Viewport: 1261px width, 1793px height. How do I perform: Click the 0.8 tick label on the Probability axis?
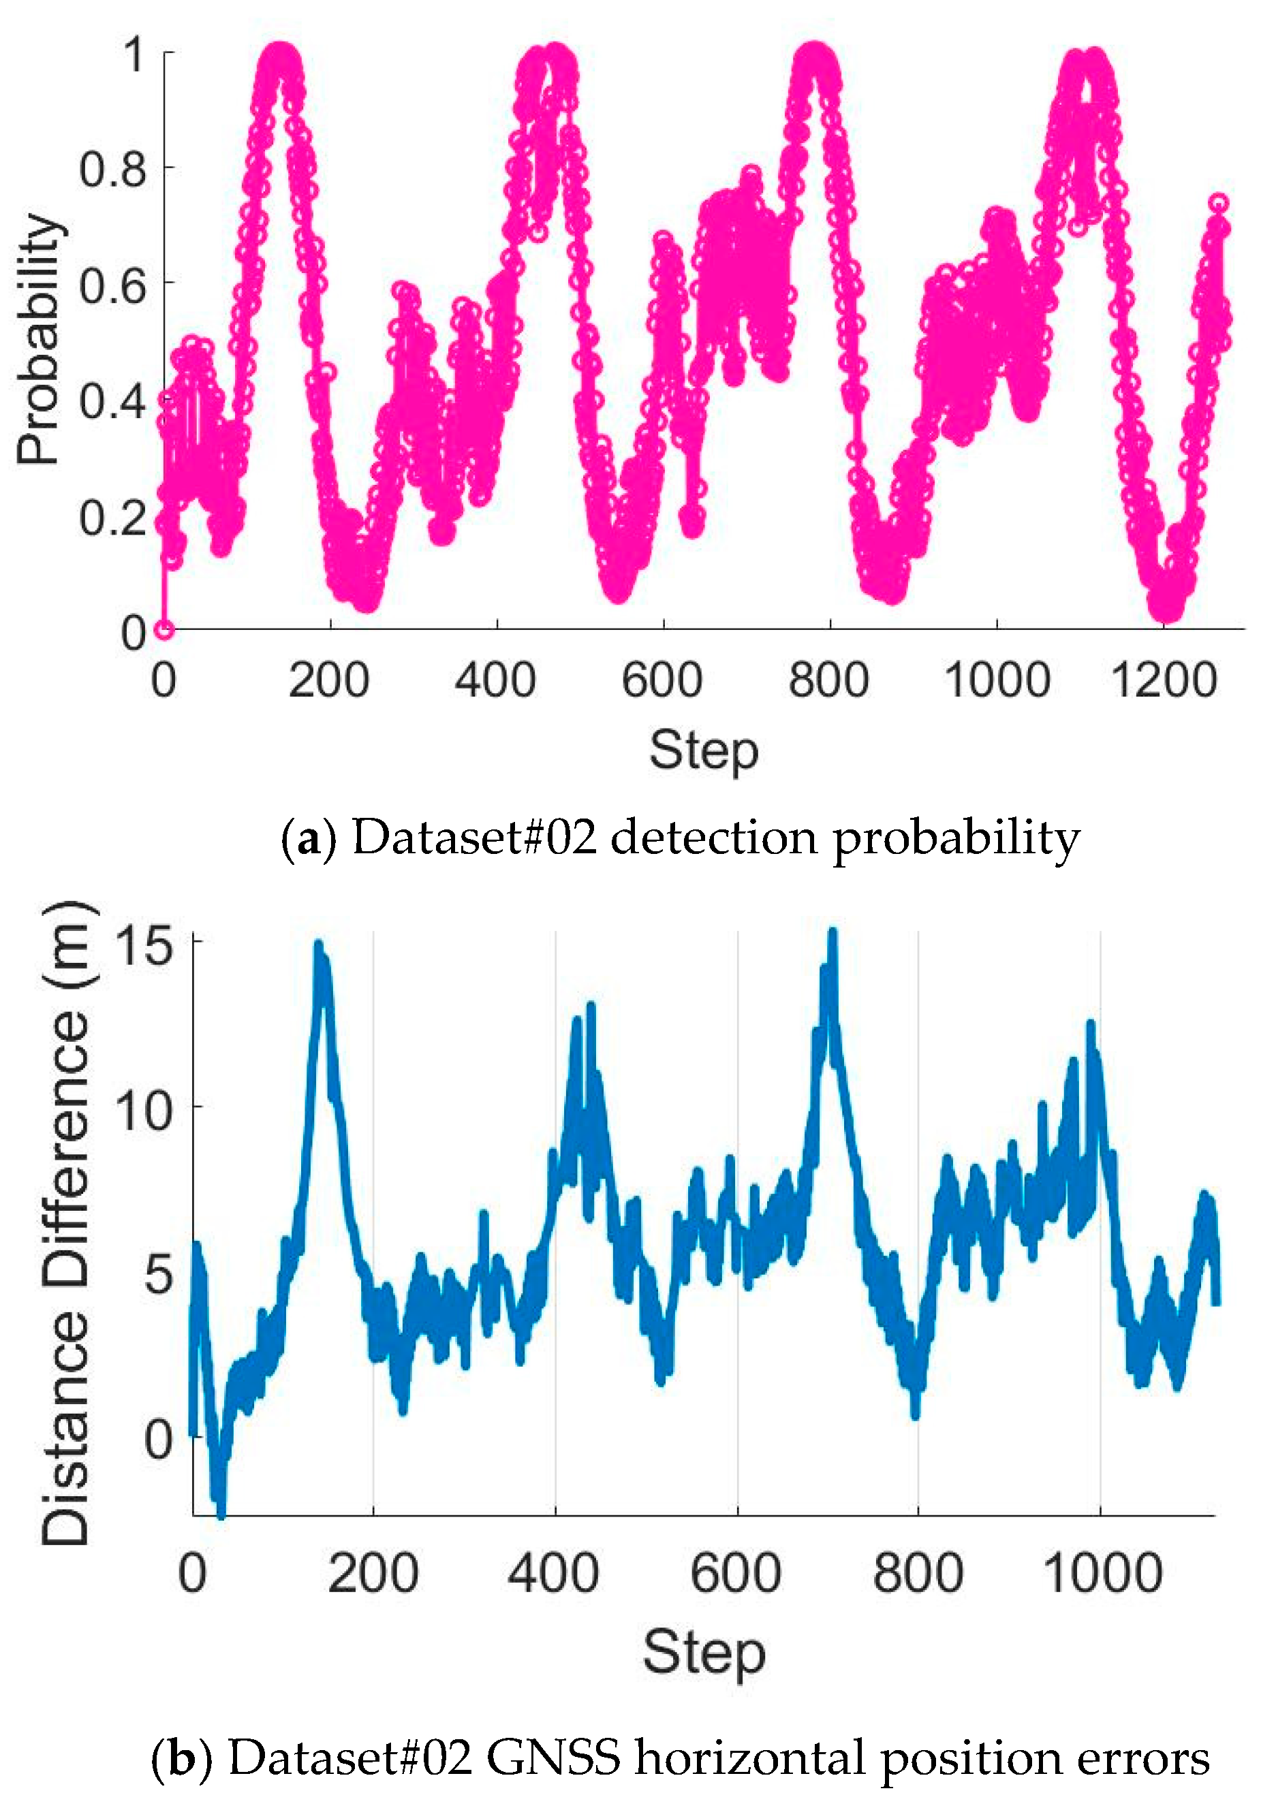tap(112, 169)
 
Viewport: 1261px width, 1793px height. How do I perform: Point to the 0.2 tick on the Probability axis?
tap(112, 517)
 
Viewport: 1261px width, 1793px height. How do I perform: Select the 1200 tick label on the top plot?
tap(1164, 680)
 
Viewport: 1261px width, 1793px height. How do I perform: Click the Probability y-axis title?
tap(39, 340)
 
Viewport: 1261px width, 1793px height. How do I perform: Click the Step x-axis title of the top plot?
tap(703, 751)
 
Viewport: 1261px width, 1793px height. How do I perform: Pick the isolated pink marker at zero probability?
tap(164, 629)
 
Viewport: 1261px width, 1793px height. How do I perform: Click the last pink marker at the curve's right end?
tap(1219, 203)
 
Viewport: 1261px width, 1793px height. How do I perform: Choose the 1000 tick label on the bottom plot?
tap(1102, 1574)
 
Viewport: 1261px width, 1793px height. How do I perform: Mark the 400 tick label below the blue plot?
tap(554, 1574)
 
